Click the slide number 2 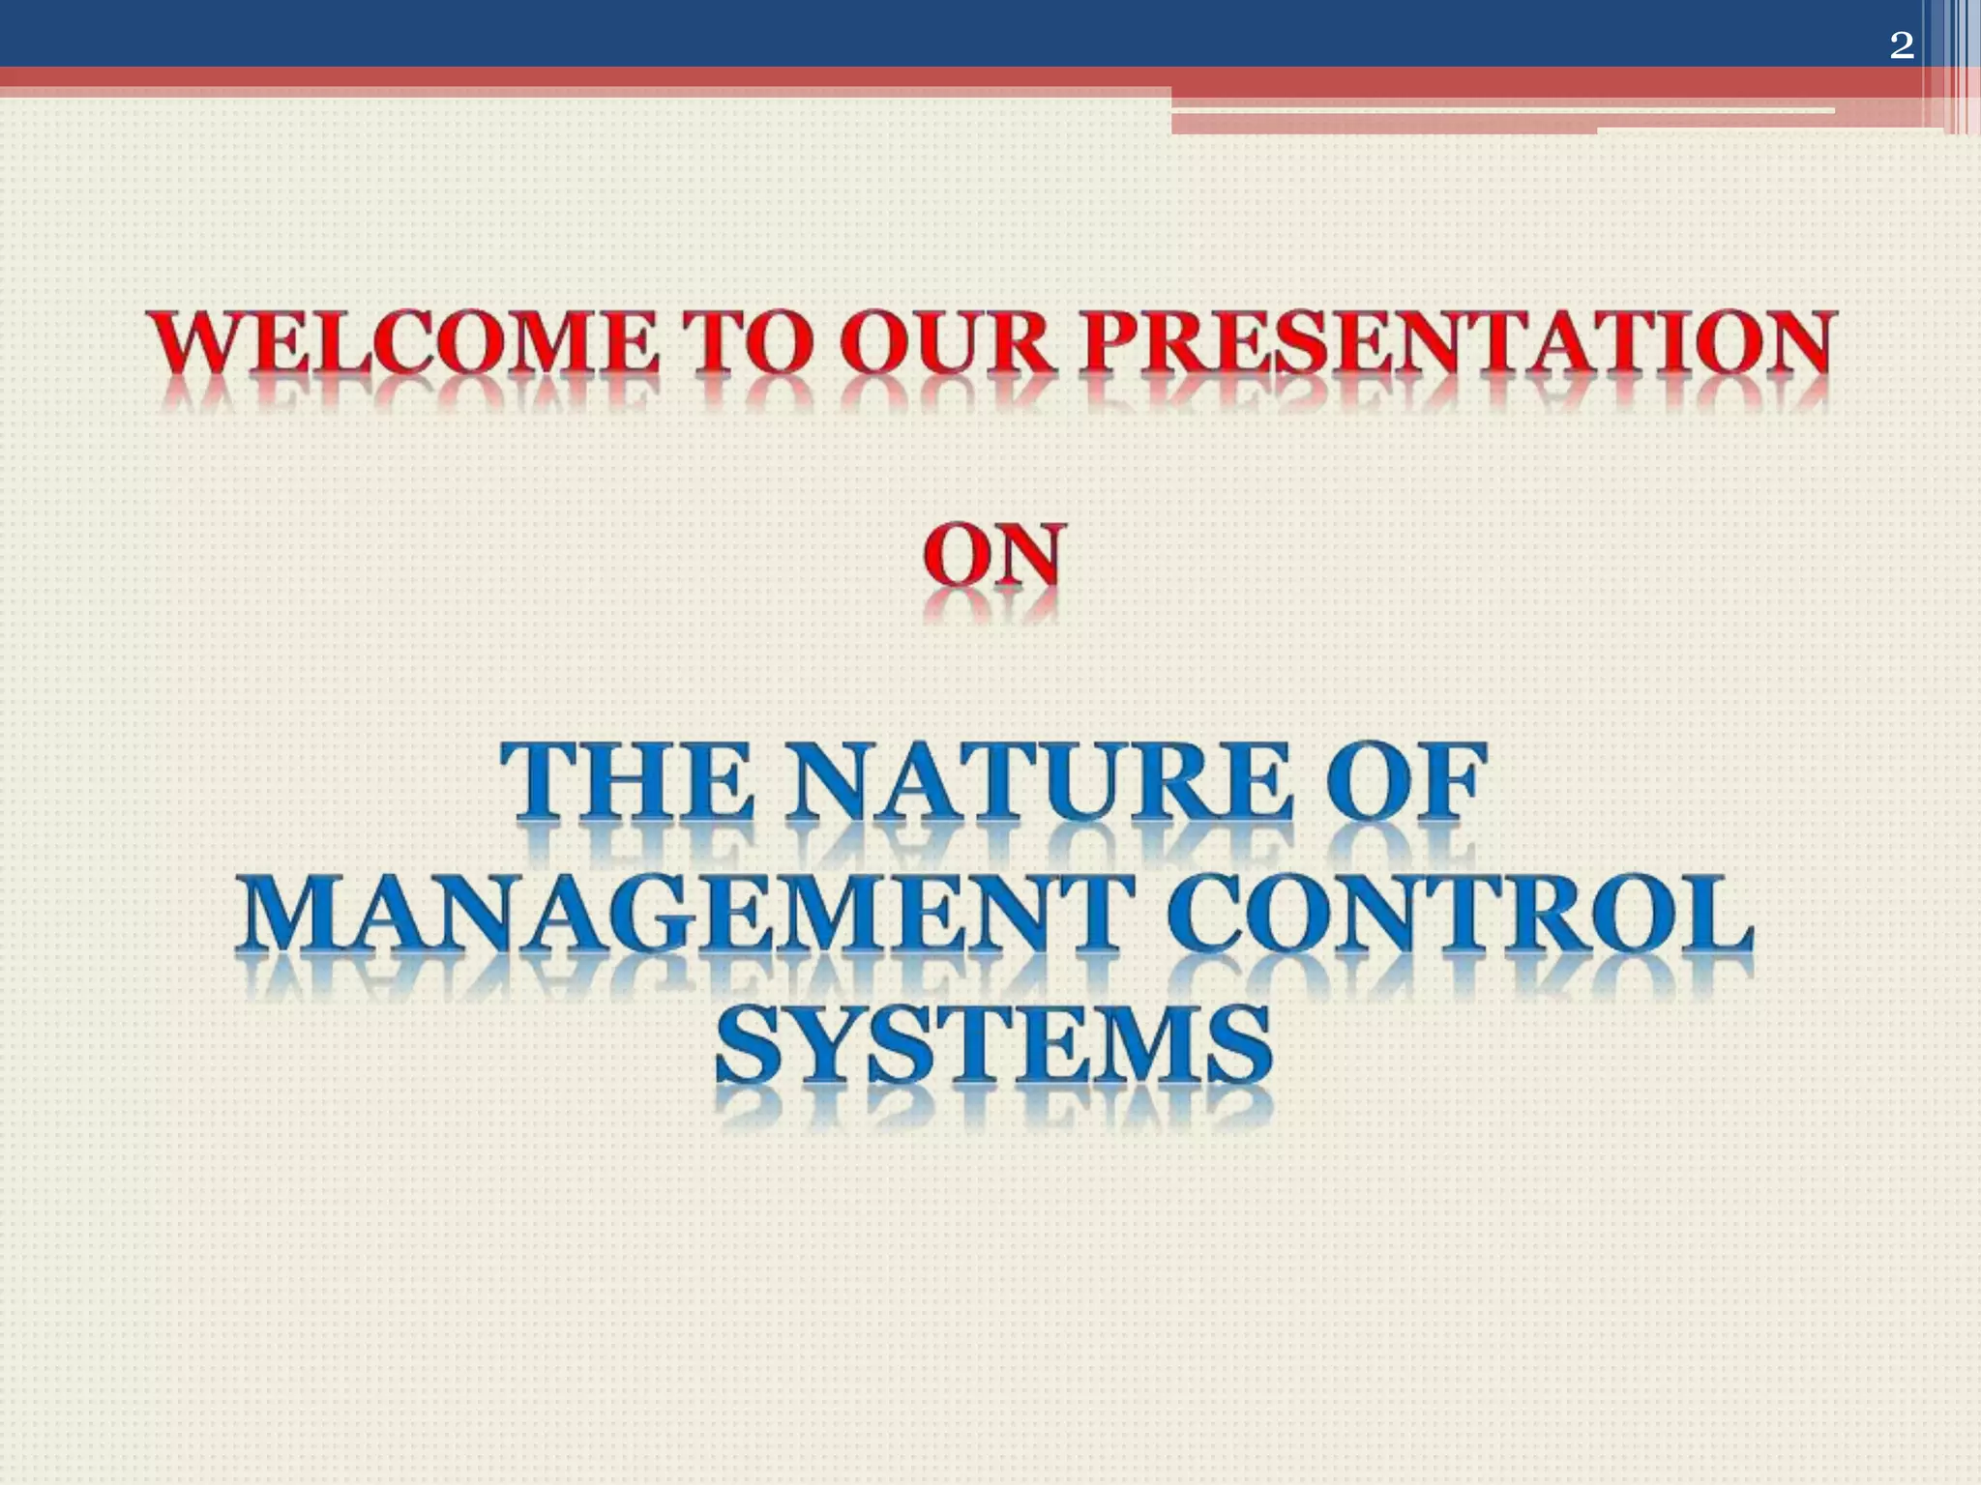pyautogui.click(x=1901, y=45)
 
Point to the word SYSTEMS pyautogui.click(x=993, y=1044)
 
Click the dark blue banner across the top pyautogui.click(x=871, y=32)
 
